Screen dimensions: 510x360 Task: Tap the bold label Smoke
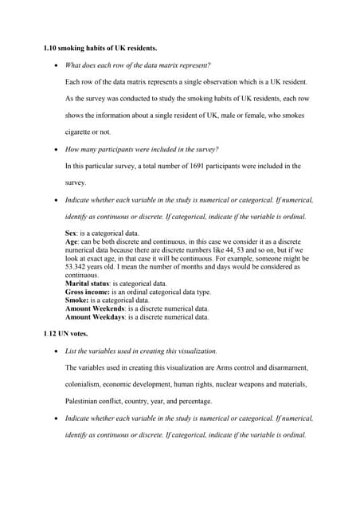(x=76, y=300)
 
